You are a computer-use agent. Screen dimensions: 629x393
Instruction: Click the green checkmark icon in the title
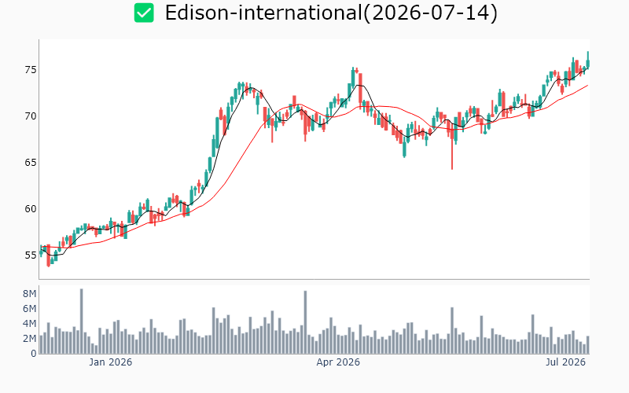144,13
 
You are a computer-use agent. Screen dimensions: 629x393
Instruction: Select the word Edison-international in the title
263,13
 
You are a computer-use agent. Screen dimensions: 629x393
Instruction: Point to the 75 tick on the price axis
31,70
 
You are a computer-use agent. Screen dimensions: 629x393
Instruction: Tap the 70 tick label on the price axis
31,116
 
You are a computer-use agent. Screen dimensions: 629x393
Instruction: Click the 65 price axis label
31,163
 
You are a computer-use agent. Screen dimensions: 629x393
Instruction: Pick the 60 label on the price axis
31,209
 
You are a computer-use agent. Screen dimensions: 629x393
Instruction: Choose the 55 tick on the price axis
31,255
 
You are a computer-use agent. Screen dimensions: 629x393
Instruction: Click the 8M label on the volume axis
30,294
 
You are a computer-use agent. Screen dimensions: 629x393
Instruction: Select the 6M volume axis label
30,309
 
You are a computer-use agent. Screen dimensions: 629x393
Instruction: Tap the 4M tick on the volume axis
30,324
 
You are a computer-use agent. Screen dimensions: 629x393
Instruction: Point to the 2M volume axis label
30,339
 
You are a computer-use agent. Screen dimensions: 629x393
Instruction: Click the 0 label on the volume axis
34,353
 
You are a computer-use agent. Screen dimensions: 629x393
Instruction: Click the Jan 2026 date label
110,362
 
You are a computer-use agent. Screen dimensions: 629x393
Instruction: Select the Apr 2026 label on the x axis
338,362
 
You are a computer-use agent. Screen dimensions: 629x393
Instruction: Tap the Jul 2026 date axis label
565,362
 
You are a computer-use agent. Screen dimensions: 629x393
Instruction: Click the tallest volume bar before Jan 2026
82,321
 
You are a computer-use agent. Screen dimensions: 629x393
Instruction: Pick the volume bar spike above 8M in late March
305,322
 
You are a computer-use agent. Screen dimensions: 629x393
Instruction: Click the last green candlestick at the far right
588,61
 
